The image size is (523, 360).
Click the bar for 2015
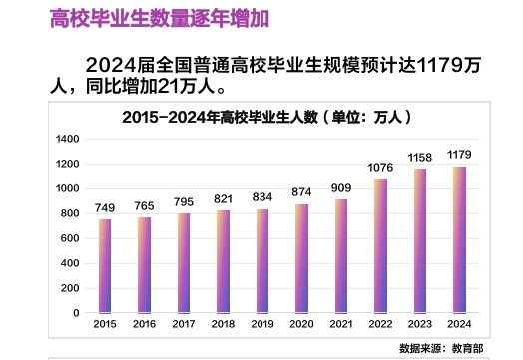click(x=105, y=266)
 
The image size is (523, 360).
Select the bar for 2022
click(x=380, y=245)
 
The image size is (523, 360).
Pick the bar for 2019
click(x=262, y=260)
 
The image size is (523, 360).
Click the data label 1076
click(x=380, y=168)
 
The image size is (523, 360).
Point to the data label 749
click(x=105, y=207)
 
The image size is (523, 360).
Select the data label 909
click(x=340, y=187)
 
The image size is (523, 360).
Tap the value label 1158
click(x=420, y=158)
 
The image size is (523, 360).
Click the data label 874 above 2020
click(x=301, y=191)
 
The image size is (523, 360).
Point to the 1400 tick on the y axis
click(x=66, y=139)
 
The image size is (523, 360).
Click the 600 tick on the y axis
click(x=69, y=238)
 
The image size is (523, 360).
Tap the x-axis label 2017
click(x=184, y=325)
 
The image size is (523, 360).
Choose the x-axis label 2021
click(x=340, y=325)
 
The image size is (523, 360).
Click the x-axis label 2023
click(x=420, y=325)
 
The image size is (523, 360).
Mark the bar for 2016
click(x=144, y=265)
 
